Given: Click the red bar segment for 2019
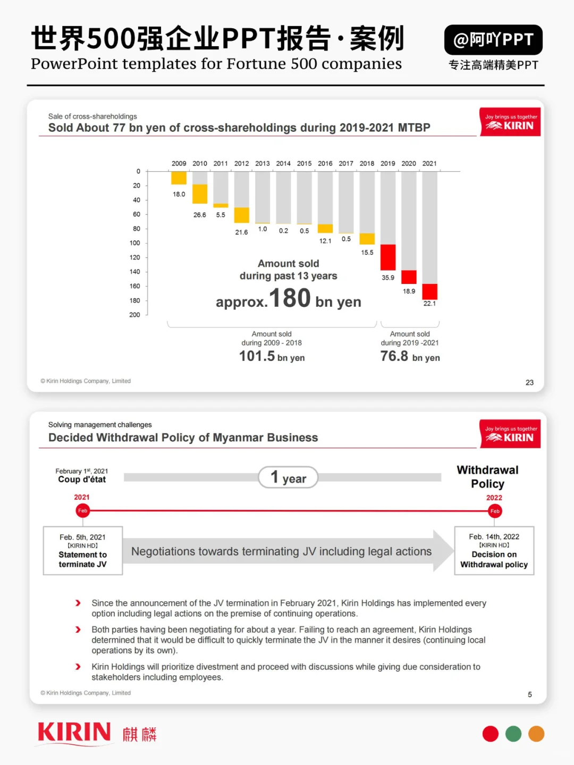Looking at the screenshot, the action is pos(387,257).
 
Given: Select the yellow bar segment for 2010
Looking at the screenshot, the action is pos(200,194).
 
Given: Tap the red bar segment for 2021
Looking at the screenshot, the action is pos(429,292).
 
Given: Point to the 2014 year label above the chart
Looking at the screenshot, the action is pos(283,163).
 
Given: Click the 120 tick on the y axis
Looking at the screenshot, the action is pos(135,257).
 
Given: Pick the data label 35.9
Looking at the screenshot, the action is pos(387,278).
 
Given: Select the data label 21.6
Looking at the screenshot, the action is pos(241,232).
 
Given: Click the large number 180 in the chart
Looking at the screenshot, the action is pos(290,298).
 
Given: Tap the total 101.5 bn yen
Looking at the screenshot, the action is pos(272,357).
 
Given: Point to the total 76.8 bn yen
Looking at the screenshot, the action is pos(410,357).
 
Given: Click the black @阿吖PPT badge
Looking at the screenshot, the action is pos(493,40).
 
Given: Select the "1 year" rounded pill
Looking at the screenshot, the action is pos(288,477).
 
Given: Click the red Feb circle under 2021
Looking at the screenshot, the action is pos(82,511).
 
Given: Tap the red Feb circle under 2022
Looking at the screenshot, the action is pos(495,511).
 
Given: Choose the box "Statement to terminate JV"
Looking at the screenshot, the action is pos(83,551).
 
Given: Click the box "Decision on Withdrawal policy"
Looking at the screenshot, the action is pos(494,551).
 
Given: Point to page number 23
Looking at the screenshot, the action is pos(529,383).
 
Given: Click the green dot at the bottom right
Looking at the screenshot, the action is pos(513,734).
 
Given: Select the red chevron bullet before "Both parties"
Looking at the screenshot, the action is pos(78,630).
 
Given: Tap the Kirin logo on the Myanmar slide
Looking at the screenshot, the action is pos(510,434).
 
